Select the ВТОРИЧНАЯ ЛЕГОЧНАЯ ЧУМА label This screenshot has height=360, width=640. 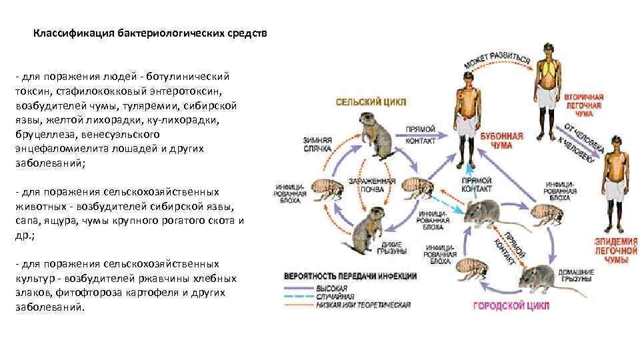point(584,105)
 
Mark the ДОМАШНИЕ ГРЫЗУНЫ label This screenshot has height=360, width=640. point(577,275)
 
